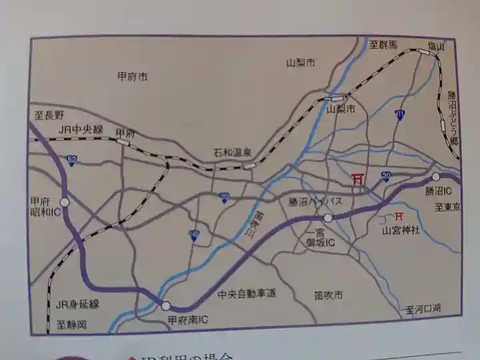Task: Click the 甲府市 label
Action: coord(132,77)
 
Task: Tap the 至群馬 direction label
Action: coord(383,45)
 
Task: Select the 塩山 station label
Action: coord(436,46)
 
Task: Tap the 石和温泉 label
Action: coord(233,152)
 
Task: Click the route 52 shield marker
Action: coord(71,160)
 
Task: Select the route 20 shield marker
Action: coord(386,175)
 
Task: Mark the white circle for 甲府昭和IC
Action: coord(65,201)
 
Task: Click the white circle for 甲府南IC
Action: coord(165,306)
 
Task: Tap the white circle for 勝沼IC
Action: coord(435,177)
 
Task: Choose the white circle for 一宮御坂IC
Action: coord(327,218)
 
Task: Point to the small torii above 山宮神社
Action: coord(399,217)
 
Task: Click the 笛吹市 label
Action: coord(328,294)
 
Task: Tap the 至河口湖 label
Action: coord(423,309)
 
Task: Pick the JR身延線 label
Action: coord(78,304)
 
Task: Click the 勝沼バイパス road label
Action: coord(315,201)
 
